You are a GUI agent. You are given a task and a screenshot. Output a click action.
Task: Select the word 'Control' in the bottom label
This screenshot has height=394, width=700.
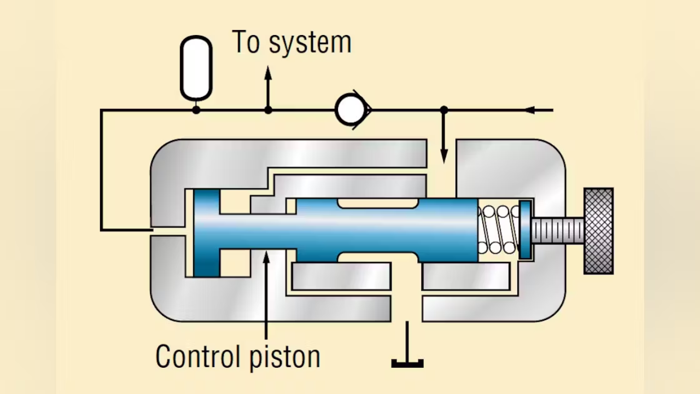point(197,356)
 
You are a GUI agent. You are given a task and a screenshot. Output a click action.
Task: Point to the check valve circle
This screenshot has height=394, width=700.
point(350,110)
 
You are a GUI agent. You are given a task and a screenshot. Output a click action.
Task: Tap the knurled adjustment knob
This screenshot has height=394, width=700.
point(598,230)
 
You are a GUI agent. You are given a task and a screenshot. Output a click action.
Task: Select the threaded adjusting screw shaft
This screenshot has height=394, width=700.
point(557,230)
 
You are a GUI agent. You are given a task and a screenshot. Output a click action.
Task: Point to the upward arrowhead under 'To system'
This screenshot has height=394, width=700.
point(268,72)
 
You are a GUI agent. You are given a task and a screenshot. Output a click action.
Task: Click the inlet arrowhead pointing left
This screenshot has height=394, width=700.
point(529,110)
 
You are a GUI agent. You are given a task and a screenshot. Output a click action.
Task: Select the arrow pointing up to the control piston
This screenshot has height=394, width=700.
point(266,257)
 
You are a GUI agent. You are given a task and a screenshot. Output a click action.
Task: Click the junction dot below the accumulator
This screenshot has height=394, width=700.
point(196,110)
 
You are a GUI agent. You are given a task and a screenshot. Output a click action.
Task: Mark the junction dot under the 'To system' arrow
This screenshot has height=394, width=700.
point(268,110)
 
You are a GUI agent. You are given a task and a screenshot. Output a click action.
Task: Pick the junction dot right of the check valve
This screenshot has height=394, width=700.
point(444,110)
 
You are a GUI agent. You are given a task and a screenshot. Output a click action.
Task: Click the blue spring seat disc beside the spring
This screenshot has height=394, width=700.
point(525,230)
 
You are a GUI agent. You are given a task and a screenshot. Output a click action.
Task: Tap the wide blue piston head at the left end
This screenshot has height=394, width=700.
point(207,233)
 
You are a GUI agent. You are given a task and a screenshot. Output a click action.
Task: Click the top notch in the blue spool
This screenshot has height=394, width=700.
point(378,203)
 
